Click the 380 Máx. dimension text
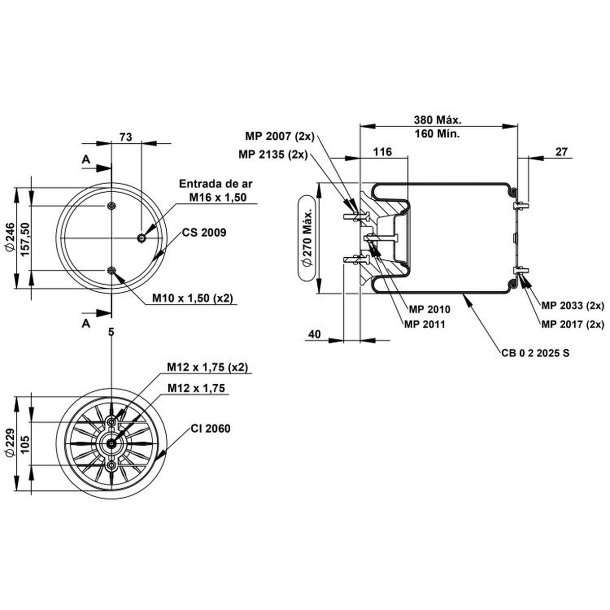pos(438,120)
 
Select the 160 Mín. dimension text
pos(437,134)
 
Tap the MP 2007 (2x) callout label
pos(280,136)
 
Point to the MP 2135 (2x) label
pos(273,155)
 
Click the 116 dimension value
pos(383,152)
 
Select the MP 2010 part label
pos(429,309)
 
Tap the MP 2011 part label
pos(424,324)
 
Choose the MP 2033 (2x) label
pos(573,306)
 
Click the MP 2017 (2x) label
pos(573,324)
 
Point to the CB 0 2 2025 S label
pos(535,353)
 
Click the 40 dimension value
pos(314,334)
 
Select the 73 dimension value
pos(126,137)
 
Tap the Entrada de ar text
pos(216,184)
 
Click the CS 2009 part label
pos(204,233)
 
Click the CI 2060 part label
pos(210,429)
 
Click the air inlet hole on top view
pos(141,238)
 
